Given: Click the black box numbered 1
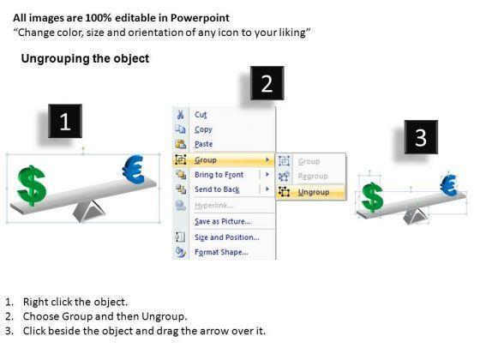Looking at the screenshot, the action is [x=65, y=121].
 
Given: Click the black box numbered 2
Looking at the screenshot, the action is [x=267, y=83].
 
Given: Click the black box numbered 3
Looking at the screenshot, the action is [x=421, y=137].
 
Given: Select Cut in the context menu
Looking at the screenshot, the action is [x=201, y=115].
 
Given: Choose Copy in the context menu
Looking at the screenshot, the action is [x=203, y=129].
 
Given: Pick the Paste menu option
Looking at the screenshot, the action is [x=204, y=144].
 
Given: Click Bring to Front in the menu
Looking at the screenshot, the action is [x=219, y=175].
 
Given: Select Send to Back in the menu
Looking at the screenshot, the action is [x=217, y=189].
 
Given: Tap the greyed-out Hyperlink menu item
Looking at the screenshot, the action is [x=213, y=206].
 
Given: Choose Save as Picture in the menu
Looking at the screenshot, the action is [x=223, y=221].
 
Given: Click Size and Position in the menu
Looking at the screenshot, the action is [x=227, y=237].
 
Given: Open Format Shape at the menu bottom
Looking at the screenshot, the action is [x=221, y=252].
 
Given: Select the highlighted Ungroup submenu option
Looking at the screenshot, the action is [x=314, y=192].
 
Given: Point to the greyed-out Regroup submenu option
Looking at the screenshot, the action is [x=313, y=176].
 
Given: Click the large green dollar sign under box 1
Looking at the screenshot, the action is [x=32, y=185].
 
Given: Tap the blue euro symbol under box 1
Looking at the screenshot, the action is [x=133, y=170].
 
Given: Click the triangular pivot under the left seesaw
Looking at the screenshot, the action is [x=89, y=211].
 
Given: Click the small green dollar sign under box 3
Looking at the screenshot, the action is [x=372, y=197].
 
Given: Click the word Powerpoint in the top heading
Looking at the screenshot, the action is [x=200, y=18].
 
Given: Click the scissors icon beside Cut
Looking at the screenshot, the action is [x=180, y=115].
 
